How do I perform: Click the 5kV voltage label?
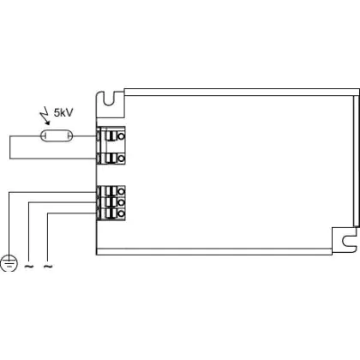tap(63, 112)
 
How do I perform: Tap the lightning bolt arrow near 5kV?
tap(45, 118)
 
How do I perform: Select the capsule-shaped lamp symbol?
tap(57, 136)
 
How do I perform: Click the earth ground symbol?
tap(9, 263)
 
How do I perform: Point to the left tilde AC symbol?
tap(29, 267)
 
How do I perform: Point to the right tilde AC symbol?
tap(48, 267)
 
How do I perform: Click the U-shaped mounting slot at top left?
tap(109, 99)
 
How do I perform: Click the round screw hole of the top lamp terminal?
tap(121, 136)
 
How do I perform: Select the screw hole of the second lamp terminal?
tap(121, 158)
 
